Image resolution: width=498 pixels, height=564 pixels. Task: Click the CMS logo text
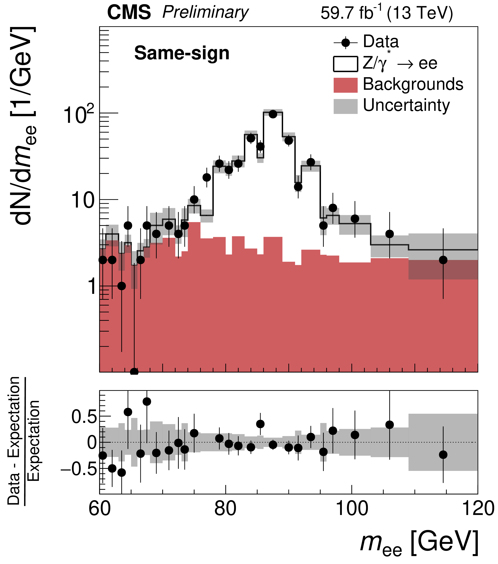129,13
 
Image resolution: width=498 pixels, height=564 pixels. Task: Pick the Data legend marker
345,43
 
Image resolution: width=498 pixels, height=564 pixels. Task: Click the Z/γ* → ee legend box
345,64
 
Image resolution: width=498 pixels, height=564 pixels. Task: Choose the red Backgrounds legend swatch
345,85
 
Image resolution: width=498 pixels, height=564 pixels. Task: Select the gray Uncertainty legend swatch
345,106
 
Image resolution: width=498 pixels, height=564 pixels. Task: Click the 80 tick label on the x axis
225,508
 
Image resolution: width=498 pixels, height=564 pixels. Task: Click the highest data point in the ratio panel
147,402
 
